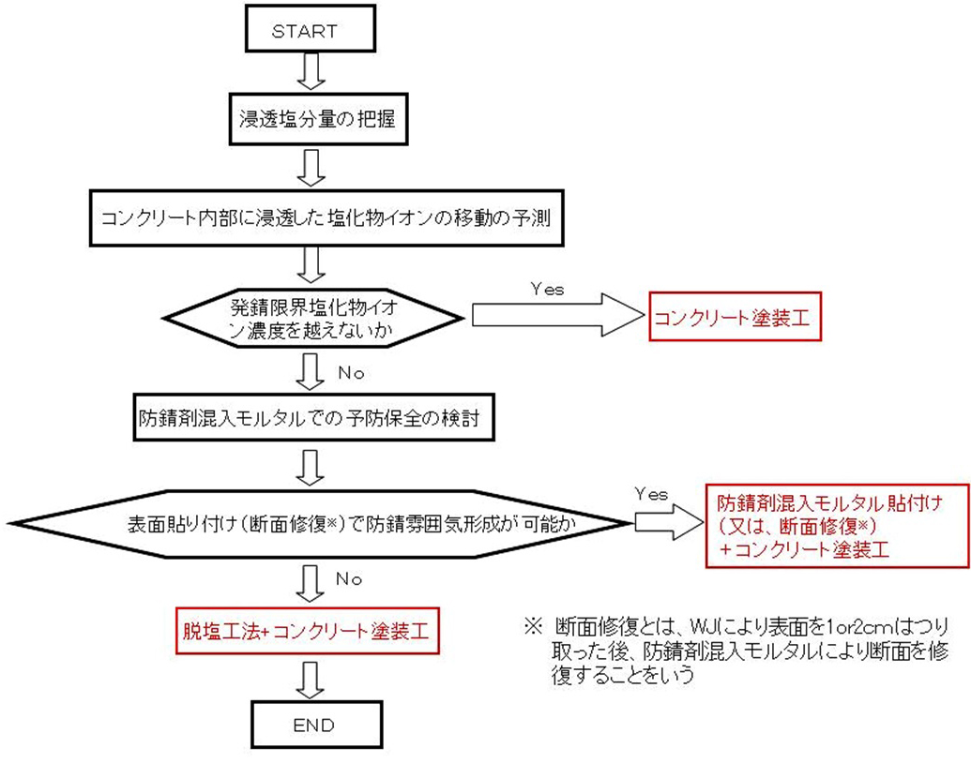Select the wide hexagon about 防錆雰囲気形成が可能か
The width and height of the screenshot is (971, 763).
pos(319,521)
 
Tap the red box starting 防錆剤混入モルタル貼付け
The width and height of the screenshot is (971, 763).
pos(837,525)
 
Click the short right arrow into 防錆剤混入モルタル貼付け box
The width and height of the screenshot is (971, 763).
pos(666,523)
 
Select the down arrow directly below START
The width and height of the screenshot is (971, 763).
pos(311,70)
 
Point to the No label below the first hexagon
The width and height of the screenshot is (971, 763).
pos(348,372)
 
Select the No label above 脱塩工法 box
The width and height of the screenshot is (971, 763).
pos(348,579)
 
